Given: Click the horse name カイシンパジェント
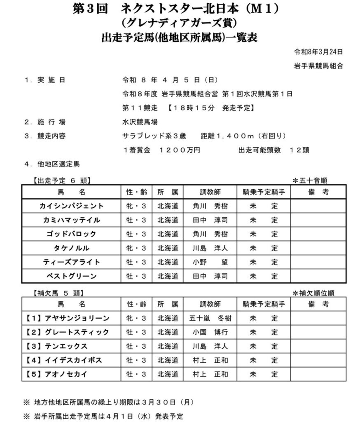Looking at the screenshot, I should pyautogui.click(x=72, y=206).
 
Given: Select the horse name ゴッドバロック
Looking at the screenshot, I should pyautogui.click(x=72, y=234).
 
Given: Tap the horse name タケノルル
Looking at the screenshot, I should pyautogui.click(x=72, y=248).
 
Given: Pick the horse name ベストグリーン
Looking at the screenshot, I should pyautogui.click(x=72, y=276).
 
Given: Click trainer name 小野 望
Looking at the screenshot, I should pyautogui.click(x=210, y=262).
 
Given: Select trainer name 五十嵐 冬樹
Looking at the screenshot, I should pyautogui.click(x=210, y=318).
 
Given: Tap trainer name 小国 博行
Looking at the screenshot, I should pyautogui.click(x=210, y=332).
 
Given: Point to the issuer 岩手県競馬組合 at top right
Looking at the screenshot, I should pyautogui.click(x=318, y=66).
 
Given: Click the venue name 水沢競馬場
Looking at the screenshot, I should pyautogui.click(x=140, y=122).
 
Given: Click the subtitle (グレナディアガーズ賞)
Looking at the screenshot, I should pyautogui.click(x=180, y=23).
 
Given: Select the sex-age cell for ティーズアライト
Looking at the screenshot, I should pyautogui.click(x=136, y=262).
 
